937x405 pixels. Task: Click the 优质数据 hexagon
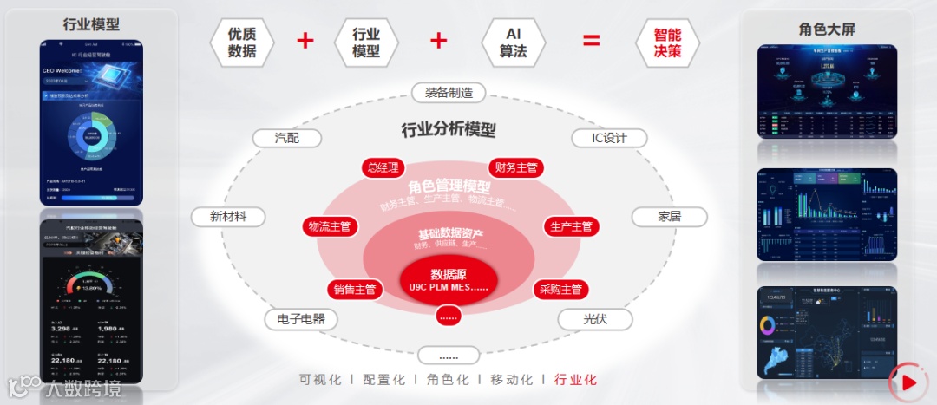point(242,42)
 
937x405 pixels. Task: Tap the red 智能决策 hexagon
point(667,42)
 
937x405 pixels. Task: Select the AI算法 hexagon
point(513,42)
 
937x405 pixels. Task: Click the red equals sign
point(591,41)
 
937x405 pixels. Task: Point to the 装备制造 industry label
point(449,94)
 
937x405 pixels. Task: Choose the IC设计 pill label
point(609,139)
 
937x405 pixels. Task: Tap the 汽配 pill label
point(286,139)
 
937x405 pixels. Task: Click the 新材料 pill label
point(228,216)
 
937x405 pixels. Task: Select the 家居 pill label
point(669,216)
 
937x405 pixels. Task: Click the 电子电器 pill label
point(301,319)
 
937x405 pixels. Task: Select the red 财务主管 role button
point(515,167)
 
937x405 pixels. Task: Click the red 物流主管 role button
point(329,226)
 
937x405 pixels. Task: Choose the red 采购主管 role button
point(560,290)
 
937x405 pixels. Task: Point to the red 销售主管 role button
point(354,290)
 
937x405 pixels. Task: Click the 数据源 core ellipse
point(448,279)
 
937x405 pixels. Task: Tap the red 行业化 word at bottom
point(576,380)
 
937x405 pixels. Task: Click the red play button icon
point(908,382)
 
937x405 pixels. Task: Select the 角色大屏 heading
point(827,29)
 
